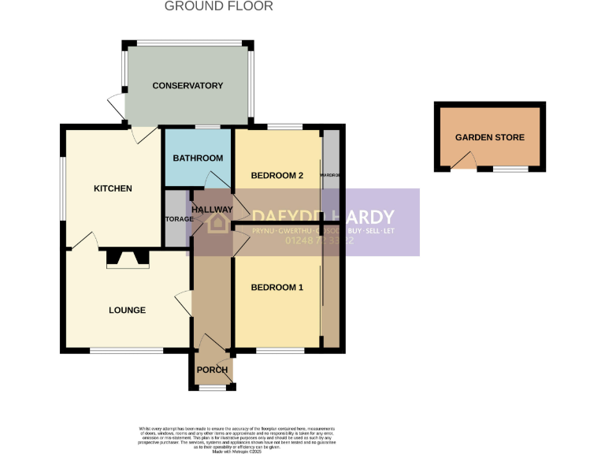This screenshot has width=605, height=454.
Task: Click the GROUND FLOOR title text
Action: pos(218,6)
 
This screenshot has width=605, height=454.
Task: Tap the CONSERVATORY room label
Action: pos(187,85)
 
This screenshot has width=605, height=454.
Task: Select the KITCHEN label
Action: pos(113,188)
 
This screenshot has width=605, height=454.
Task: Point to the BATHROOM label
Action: pos(198,158)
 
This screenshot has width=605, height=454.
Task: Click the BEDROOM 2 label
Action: pos(277,176)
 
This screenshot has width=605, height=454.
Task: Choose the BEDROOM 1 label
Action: pos(277,288)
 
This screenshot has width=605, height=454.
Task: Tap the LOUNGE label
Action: pos(127,310)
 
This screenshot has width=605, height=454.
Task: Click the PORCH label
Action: pos(212,370)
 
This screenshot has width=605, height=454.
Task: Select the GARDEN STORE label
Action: pos(489,137)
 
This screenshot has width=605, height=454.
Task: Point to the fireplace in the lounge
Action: pos(127,259)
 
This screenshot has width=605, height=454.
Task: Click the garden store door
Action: pos(464,162)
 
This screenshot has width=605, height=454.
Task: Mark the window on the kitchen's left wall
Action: pos(64,186)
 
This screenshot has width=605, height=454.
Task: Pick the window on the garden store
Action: pos(510,169)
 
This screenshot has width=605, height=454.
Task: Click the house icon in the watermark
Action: pos(217,223)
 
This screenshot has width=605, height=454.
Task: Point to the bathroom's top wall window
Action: pos(206,127)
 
